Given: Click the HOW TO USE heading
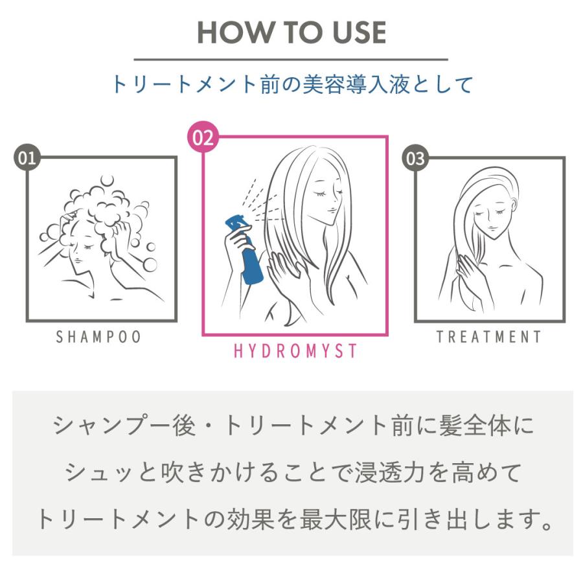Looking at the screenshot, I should click(291, 32).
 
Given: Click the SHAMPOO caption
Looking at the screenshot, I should click(98, 337).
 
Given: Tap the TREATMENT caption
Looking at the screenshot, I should click(488, 337).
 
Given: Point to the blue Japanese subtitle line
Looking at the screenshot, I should click(291, 85).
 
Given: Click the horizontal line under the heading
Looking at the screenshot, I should click(291, 60).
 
